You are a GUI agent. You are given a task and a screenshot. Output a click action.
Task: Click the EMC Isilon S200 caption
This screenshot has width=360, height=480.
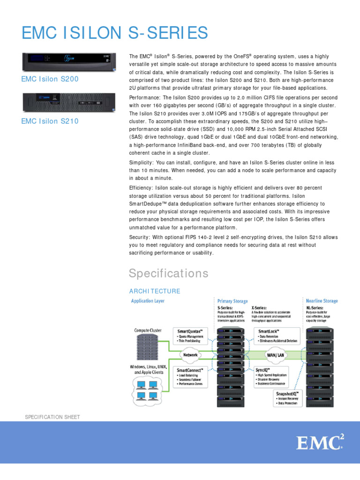click(50, 79)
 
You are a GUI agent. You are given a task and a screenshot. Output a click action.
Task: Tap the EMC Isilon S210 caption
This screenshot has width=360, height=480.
click(50, 121)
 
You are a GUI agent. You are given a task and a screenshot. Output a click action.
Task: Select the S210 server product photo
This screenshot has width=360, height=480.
click(69, 103)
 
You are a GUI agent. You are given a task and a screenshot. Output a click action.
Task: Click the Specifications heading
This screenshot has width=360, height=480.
click(168, 273)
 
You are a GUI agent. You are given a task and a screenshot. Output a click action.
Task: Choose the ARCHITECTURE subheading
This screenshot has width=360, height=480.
click(154, 291)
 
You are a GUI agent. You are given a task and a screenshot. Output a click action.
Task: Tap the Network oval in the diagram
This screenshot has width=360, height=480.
click(190, 355)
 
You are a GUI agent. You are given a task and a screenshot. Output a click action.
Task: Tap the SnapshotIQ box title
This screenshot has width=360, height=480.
click(287, 392)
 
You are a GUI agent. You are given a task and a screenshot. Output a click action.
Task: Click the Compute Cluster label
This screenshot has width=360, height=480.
click(148, 330)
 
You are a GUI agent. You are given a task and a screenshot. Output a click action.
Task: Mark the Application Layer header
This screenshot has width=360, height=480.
click(148, 300)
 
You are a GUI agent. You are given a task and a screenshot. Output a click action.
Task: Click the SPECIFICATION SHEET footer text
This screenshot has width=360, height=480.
click(52, 417)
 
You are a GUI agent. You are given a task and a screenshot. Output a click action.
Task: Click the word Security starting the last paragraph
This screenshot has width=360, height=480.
click(139, 237)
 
